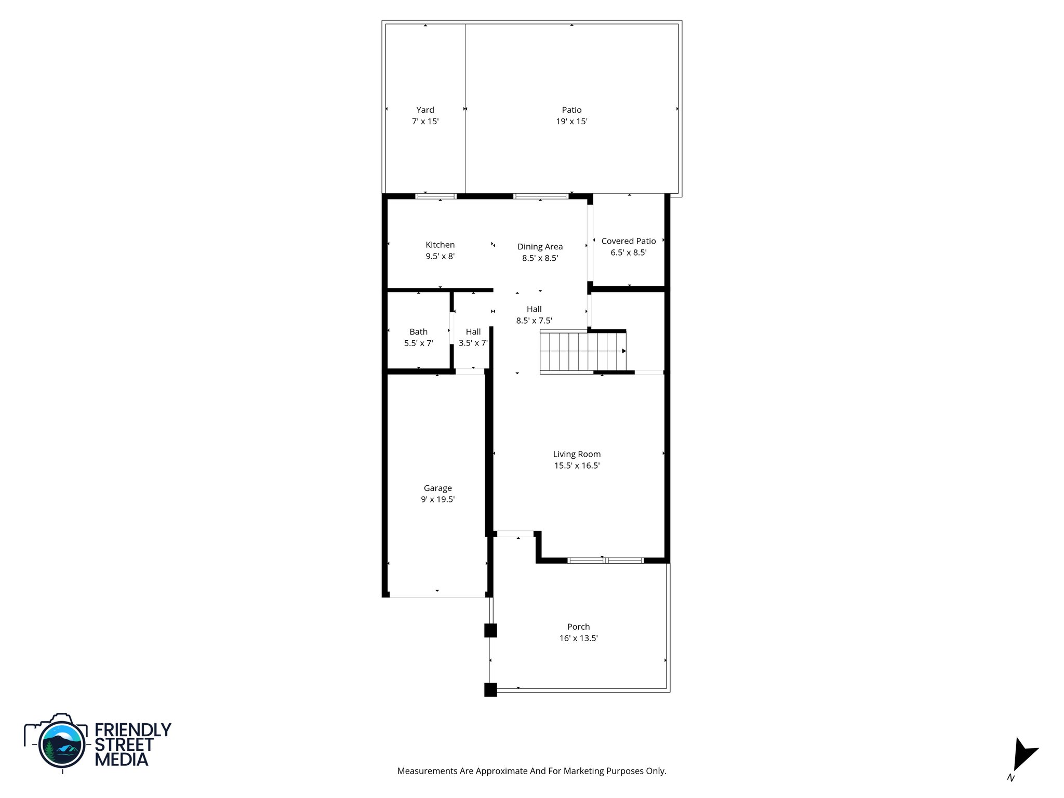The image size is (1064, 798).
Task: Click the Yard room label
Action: (x=425, y=110)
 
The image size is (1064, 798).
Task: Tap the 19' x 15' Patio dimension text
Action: (x=571, y=122)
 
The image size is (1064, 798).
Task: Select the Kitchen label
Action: (x=440, y=245)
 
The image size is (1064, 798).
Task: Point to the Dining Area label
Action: (x=540, y=247)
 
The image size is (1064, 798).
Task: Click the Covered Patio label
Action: (x=629, y=241)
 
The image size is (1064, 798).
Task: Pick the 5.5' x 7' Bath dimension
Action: (x=418, y=343)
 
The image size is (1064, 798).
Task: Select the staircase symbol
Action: (x=582, y=352)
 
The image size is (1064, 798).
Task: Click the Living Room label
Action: (x=577, y=454)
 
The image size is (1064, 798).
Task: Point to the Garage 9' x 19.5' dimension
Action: (x=437, y=500)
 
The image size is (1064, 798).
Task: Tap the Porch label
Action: (x=578, y=627)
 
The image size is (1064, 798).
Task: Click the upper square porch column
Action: (x=490, y=630)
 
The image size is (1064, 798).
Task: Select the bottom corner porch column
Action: (x=490, y=689)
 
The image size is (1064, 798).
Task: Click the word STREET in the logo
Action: (x=124, y=744)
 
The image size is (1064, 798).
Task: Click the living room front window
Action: (x=605, y=561)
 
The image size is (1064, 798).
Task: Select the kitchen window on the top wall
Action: (x=436, y=196)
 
